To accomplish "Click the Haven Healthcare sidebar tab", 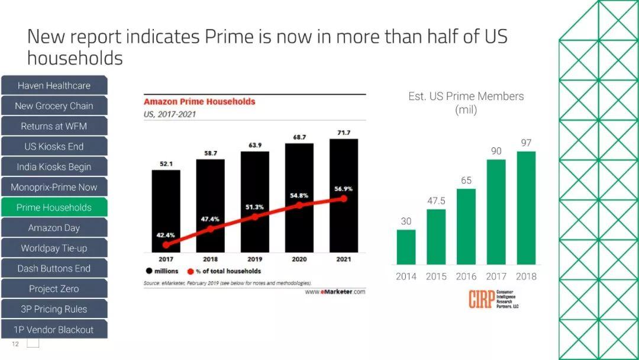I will click(54, 85).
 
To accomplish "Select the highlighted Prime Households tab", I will click(54, 207).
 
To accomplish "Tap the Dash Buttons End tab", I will click(54, 268).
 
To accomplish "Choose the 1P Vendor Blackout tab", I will click(54, 329).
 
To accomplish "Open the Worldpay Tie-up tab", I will click(54, 248).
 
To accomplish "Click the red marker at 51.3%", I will click(255, 217).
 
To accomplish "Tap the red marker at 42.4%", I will click(166, 244).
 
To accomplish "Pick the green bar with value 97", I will click(526, 207).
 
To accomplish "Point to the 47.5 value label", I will click(436, 201).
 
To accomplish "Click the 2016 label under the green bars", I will click(466, 276).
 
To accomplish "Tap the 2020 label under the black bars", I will click(299, 259).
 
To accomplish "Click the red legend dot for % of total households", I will click(191, 271).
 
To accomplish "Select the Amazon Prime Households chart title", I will click(199, 101).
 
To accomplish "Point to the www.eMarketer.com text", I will click(335, 291).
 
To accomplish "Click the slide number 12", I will click(15, 344).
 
